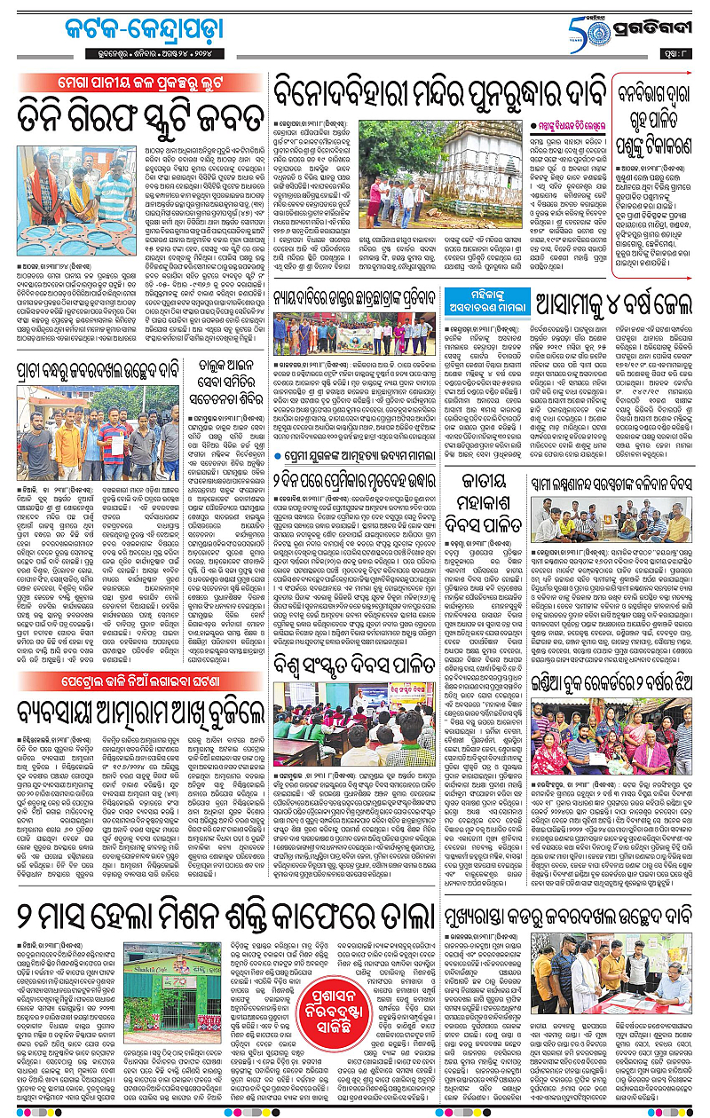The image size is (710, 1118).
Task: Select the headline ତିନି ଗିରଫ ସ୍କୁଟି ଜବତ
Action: (x=142, y=116)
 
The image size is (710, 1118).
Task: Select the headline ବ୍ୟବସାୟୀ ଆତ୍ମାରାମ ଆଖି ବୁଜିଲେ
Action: (x=142, y=734)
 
